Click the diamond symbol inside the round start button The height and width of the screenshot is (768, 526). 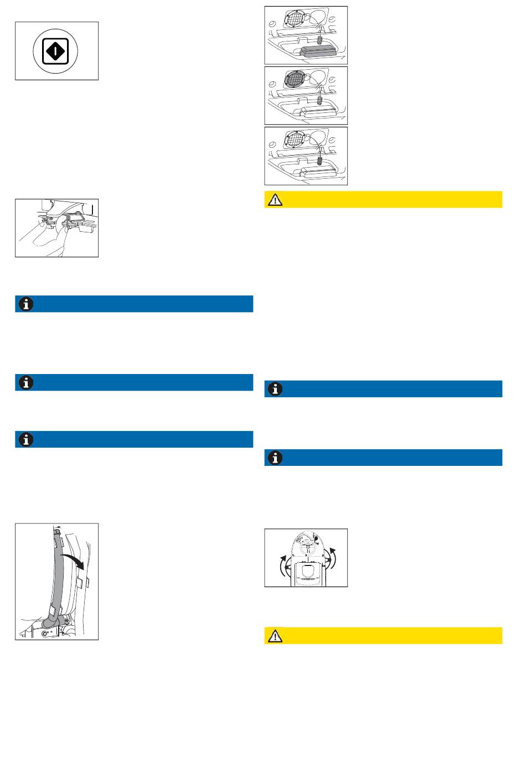tap(56, 51)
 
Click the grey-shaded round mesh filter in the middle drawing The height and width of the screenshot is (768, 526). tap(297, 81)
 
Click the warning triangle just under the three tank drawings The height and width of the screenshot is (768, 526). tap(275, 200)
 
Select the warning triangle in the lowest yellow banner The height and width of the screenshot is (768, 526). tap(275, 636)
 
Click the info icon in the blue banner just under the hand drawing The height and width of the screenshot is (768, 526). tap(26, 304)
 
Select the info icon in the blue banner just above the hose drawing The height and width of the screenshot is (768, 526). tap(26, 439)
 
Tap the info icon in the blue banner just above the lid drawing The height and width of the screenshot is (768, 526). tap(275, 458)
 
